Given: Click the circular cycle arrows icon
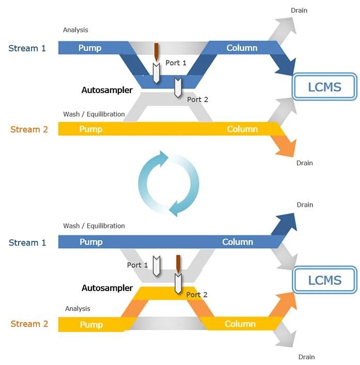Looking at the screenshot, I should tap(169, 184).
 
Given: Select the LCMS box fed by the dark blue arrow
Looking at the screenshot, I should tap(324, 86).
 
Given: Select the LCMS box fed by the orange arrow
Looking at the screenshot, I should tap(324, 281).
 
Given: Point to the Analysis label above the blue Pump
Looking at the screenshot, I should tap(76, 30).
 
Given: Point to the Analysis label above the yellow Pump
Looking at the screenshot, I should tap(78, 309).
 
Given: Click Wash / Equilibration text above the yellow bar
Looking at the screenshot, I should tap(94, 114).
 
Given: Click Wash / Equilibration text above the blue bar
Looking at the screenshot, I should tap(94, 226).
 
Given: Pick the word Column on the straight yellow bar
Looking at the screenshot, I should tap(242, 129).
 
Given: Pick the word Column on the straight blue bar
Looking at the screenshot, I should tap(237, 242).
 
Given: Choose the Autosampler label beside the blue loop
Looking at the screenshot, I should tap(107, 90).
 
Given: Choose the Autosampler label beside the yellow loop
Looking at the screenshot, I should tap(107, 288).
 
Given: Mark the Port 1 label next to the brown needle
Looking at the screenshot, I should tap(176, 63).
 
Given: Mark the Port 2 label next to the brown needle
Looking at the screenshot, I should tap(197, 295).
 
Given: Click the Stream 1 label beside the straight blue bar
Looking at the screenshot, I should tap(27, 242).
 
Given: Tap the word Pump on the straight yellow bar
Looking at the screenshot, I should tap(91, 129).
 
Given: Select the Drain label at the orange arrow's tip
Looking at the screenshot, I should tap(304, 163).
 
